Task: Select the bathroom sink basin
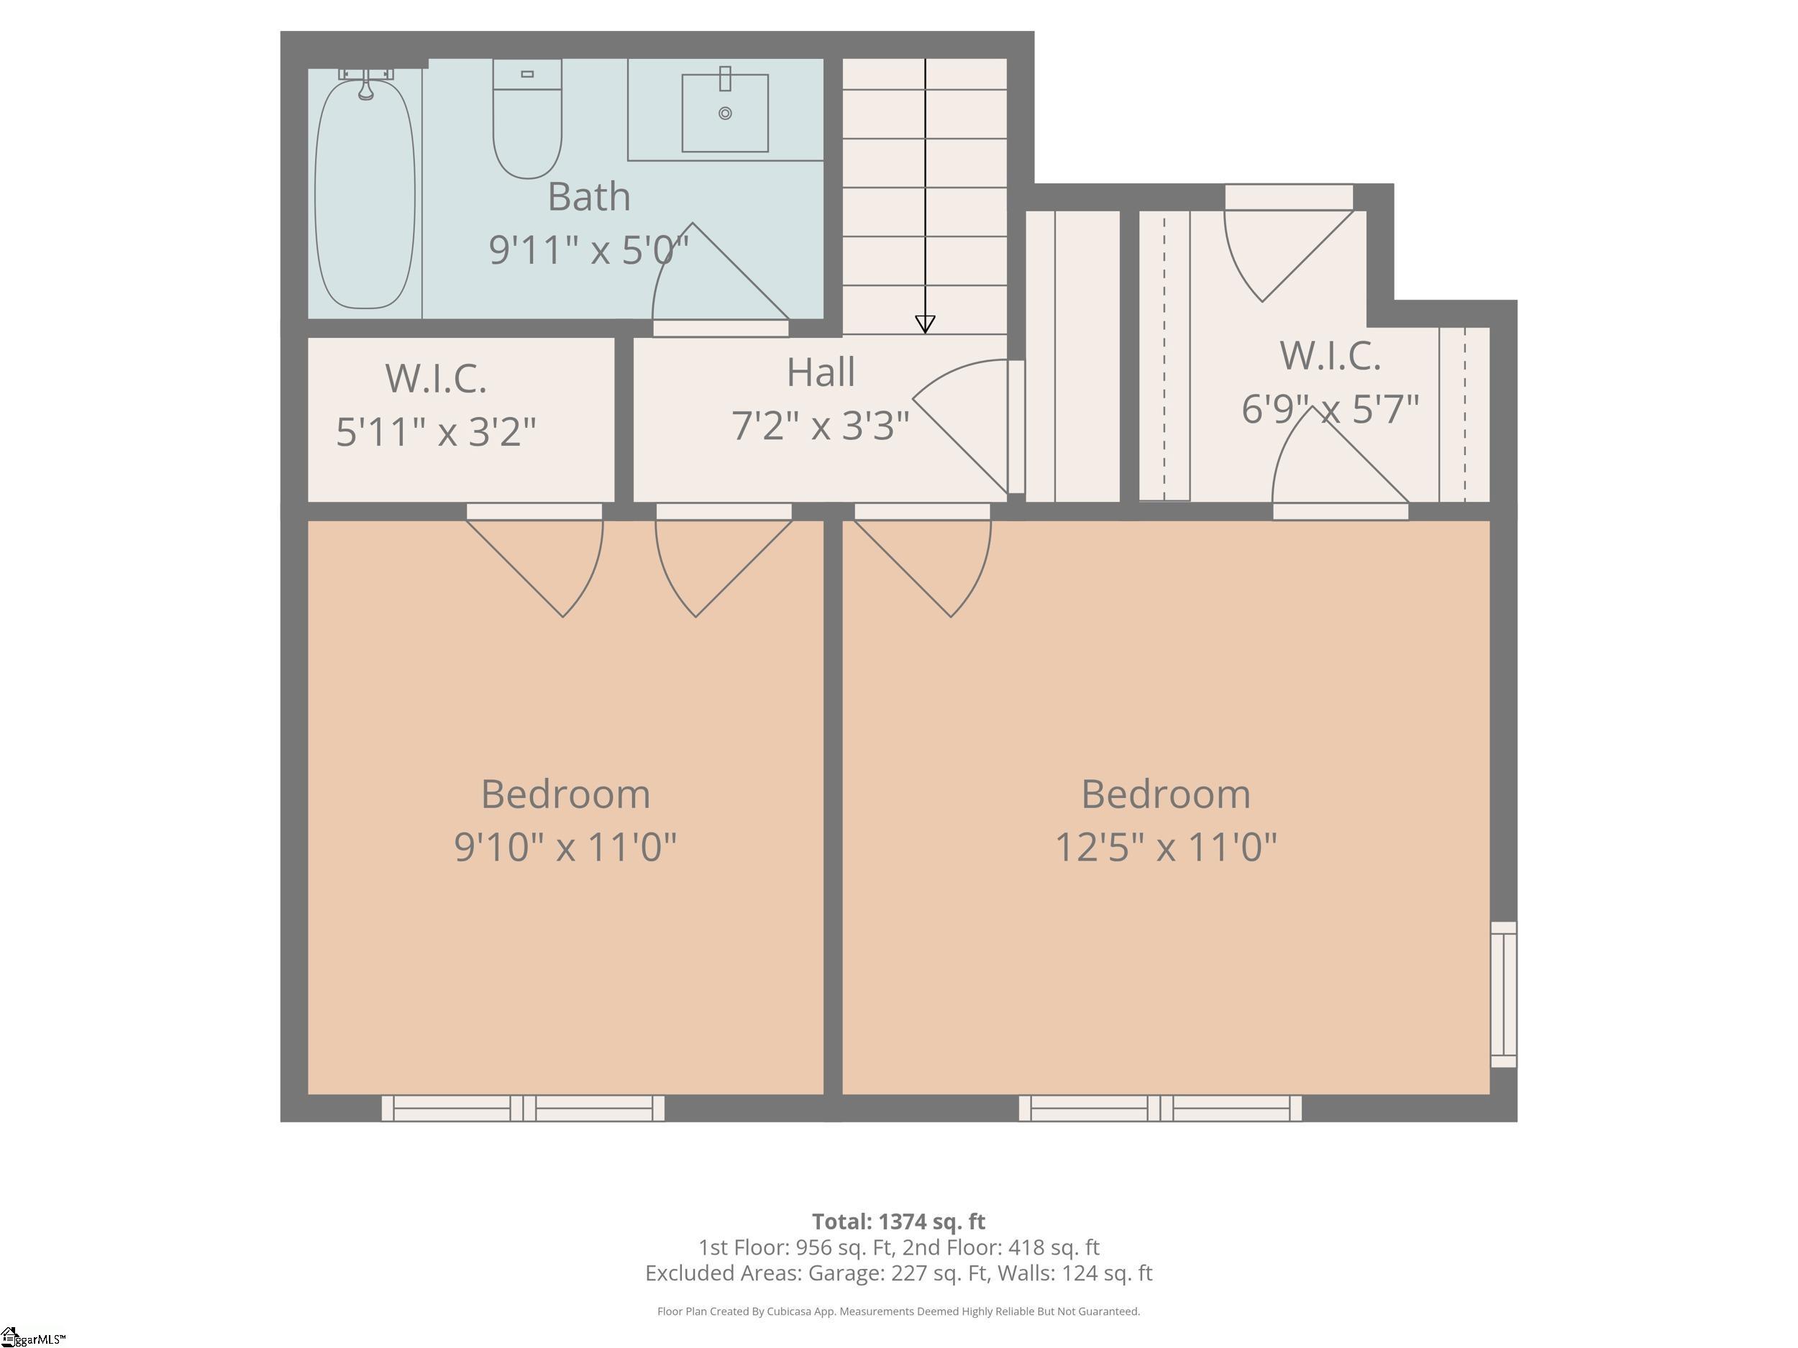725,113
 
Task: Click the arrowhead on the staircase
925,324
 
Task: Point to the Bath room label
588,197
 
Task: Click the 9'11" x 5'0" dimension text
588,249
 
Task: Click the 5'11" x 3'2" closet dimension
437,431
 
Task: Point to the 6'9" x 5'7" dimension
1330,408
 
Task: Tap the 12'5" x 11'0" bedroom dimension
1166,847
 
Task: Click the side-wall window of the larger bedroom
1504,994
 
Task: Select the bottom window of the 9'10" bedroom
524,1109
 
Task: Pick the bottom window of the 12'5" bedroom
1161,1109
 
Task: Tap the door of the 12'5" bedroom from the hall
923,561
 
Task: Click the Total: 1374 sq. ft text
898,1221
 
